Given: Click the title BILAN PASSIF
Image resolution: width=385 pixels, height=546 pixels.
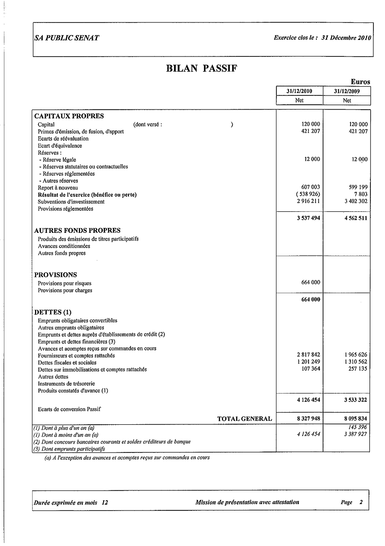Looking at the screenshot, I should point(202,69).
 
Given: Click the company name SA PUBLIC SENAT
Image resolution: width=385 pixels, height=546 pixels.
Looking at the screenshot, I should point(67,38).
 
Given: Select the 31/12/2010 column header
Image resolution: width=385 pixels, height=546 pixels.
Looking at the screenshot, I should point(299,91).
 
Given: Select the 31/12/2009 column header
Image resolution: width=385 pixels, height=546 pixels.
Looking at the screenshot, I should point(347,91).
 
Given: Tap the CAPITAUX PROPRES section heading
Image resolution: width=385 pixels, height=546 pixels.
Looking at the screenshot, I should point(69,116).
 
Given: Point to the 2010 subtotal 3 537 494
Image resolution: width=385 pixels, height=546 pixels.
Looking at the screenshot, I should point(308,218).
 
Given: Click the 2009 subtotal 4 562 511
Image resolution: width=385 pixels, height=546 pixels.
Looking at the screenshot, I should point(355,218).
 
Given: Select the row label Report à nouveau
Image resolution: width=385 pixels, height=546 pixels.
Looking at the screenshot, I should point(57,188).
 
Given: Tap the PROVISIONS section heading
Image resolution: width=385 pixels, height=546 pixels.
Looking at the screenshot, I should point(55,275).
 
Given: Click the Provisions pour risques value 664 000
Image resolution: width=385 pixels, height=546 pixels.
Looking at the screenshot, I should point(311,282).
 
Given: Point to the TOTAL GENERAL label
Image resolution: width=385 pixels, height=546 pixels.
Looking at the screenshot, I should point(244,419).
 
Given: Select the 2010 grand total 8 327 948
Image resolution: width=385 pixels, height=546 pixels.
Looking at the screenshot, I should point(308,419).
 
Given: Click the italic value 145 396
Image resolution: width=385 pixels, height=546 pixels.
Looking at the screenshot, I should point(357,427).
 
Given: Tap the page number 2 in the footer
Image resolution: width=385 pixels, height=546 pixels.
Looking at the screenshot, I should point(361,502).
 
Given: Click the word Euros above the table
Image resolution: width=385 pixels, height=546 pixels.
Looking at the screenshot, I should point(360,82).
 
